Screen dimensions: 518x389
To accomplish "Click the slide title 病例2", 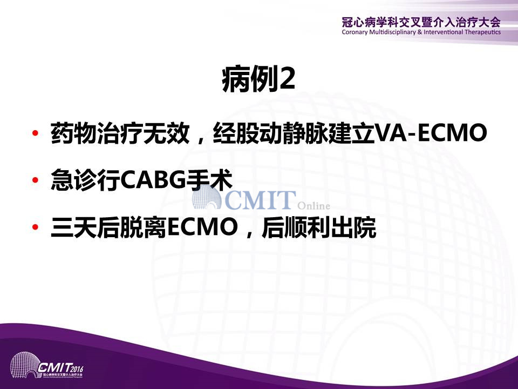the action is tap(258, 79).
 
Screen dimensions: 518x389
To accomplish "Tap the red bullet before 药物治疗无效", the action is tap(35, 133).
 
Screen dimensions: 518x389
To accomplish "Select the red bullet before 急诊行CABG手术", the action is tap(35, 180).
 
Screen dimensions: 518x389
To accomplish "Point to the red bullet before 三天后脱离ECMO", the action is tap(35, 227).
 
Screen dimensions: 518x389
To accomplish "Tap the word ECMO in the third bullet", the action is tap(202, 227).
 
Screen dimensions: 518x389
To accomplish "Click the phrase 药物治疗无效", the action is tap(120, 133).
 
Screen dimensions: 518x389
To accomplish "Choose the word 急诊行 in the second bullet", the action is tap(85, 180).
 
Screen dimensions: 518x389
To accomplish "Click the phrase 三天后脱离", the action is tap(108, 227).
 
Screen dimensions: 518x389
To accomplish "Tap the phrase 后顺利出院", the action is tap(319, 227).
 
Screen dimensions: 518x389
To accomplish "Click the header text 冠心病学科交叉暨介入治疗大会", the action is tap(421, 22).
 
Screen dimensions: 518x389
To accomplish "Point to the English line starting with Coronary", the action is tap(421, 32).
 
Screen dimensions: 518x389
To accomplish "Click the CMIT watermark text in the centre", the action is tap(260, 200).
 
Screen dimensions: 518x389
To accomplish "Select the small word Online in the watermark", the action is tap(313, 206).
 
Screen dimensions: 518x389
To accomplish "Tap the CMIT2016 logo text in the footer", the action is tap(60, 367).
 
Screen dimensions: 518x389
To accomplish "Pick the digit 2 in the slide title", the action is tap(287, 79).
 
